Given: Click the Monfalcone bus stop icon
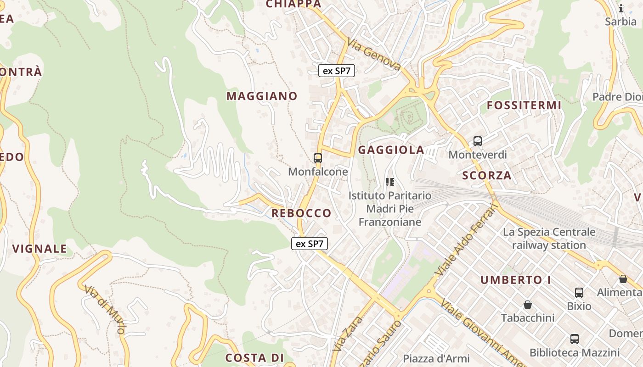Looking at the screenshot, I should [317, 158].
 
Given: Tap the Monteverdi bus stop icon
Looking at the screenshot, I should [478, 141].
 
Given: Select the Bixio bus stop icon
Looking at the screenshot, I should [579, 293].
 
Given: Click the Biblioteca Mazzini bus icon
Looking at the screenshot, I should [575, 339].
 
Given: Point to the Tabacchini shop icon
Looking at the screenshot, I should [528, 305].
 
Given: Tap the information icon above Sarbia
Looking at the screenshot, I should [621, 9].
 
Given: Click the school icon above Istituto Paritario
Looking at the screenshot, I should [390, 182].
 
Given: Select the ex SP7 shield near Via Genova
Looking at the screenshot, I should [337, 71].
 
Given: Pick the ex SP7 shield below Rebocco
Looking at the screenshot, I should [310, 244].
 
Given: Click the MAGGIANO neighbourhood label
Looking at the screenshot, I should [262, 96].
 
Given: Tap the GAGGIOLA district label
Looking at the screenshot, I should [391, 150].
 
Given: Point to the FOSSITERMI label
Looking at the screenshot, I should [524, 106].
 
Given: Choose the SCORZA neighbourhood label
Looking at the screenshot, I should [486, 175].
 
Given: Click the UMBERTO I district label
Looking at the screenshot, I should [516, 280].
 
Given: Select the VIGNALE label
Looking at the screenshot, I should [39, 249].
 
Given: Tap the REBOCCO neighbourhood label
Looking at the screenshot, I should [301, 213].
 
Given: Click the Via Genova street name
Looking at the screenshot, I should [374, 54].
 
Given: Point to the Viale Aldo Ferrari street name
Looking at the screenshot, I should [466, 240].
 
